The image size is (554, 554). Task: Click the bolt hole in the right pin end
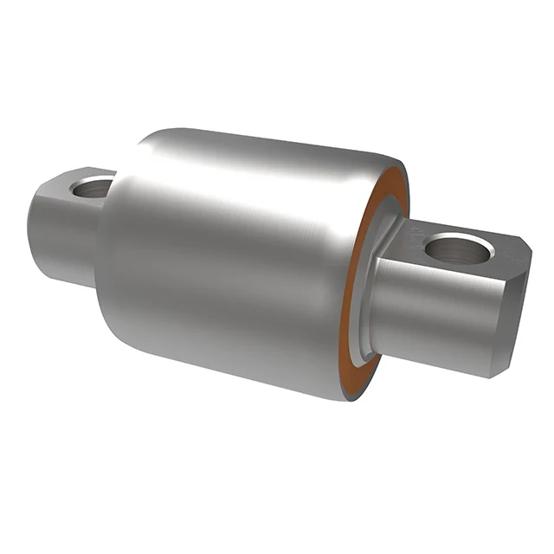coord(459,250)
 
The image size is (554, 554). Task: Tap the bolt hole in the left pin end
coord(93,186)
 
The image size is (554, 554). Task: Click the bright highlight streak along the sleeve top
coord(260,147)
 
